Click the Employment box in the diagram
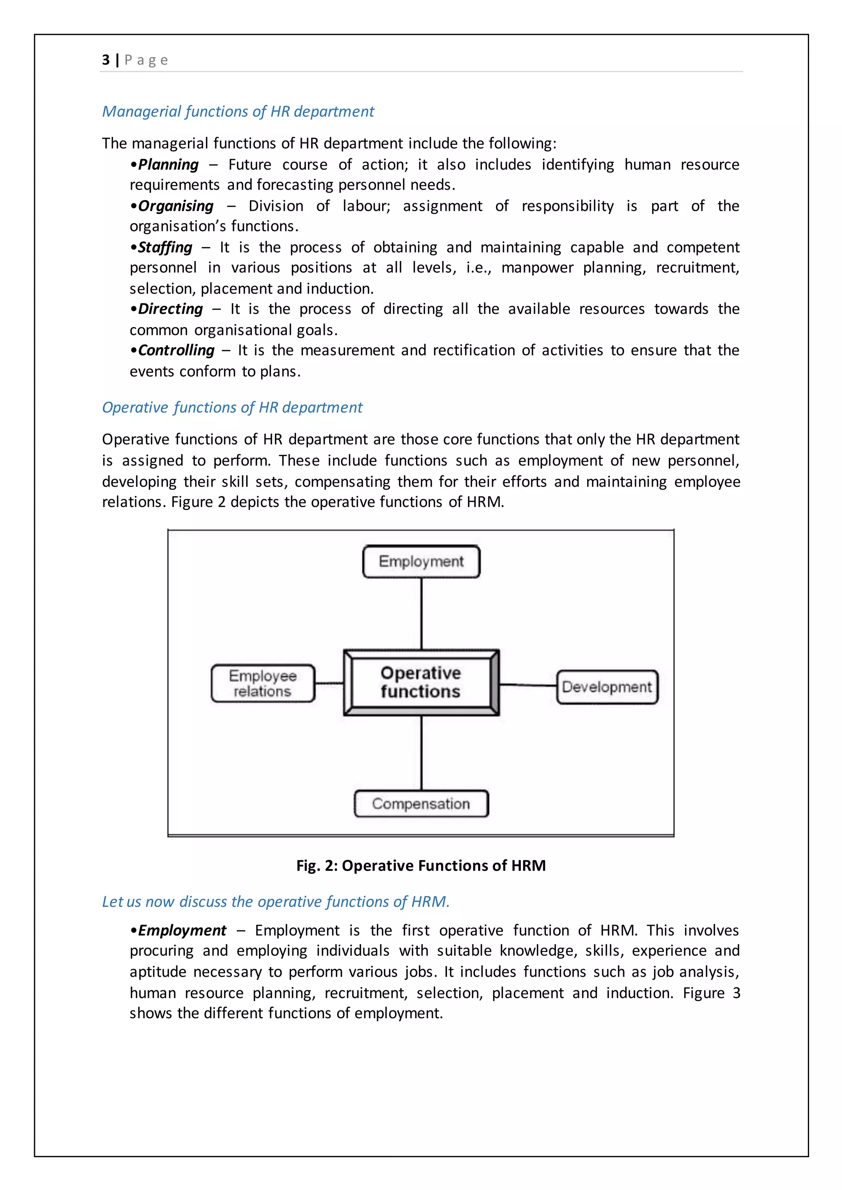coord(421,561)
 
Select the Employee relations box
coord(263,683)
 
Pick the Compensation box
coord(421,803)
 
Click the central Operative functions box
coord(421,682)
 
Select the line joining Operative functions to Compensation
coord(421,752)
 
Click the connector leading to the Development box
coord(528,685)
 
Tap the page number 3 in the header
coord(106,60)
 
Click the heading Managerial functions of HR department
coord(238,111)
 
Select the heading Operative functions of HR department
coord(232,407)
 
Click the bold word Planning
coord(168,165)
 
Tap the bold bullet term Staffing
coord(165,247)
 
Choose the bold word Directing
coord(170,309)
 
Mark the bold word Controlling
coord(176,351)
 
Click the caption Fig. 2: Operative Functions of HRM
coord(421,865)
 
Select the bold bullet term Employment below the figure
coord(182,930)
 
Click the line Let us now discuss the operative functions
coord(275,902)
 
